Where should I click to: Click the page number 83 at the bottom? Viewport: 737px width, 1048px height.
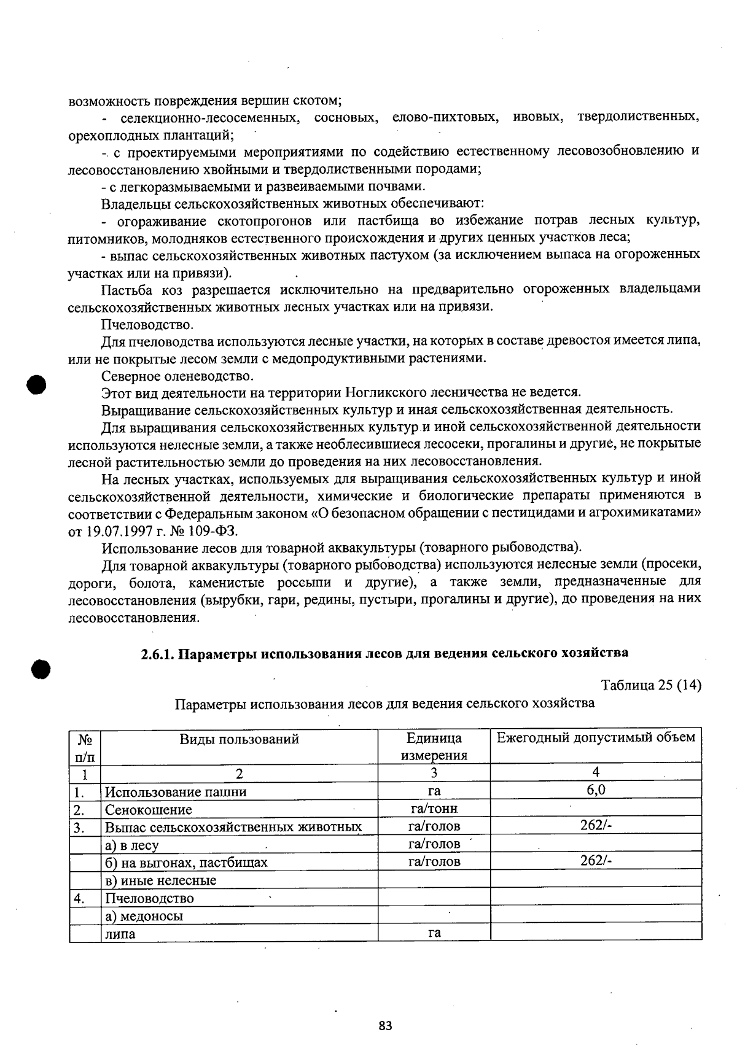coord(385,1025)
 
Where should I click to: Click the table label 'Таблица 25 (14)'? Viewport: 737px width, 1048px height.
coord(651,685)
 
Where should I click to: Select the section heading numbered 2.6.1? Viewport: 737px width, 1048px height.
coord(384,653)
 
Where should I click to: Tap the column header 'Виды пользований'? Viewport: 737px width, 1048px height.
coord(239,739)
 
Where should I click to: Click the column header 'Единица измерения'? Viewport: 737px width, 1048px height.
coord(434,747)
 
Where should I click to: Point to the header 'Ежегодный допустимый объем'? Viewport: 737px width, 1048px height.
coord(596,737)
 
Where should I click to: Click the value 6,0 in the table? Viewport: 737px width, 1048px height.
coord(596,790)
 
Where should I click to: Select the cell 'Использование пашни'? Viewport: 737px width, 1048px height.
coord(176,792)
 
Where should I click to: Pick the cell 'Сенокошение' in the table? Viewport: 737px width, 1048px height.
coord(148,810)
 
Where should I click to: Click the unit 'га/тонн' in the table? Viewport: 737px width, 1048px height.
coord(434,809)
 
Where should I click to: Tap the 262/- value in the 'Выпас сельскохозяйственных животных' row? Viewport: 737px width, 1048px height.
coord(596,826)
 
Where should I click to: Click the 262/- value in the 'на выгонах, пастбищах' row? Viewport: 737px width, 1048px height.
coord(596,861)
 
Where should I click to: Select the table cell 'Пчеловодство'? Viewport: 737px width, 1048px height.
coord(149,898)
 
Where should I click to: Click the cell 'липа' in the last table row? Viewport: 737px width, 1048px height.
coord(120,934)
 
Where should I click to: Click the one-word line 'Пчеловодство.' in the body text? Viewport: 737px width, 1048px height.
coord(147,324)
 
